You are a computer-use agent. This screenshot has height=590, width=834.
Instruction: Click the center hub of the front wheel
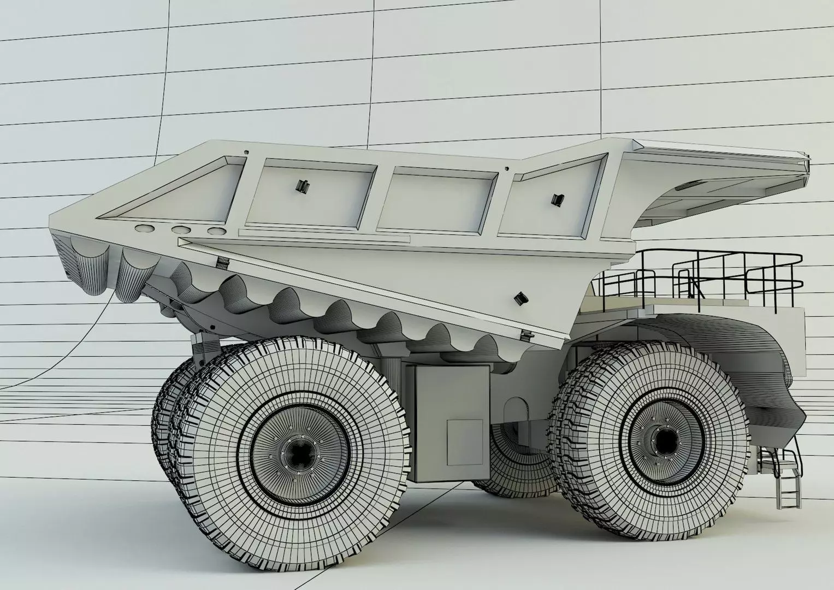coord(663,439)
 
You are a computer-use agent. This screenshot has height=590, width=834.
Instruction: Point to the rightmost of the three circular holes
coord(216,232)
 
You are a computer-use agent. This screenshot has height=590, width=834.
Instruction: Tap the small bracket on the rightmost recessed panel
coord(557,199)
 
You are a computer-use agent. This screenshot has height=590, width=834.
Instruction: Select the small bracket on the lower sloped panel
coord(520,298)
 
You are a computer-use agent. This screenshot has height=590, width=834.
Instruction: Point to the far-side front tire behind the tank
coord(519,464)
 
